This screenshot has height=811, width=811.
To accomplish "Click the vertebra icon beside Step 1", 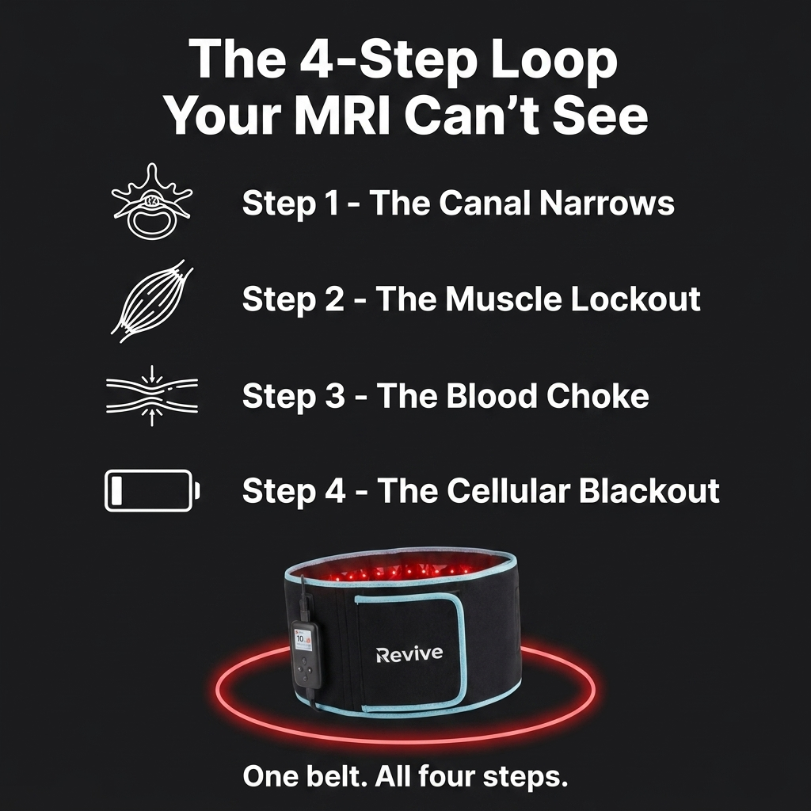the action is point(151,201).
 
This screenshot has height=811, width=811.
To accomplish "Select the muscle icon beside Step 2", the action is point(151,301).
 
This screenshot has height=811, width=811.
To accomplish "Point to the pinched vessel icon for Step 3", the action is point(151,396).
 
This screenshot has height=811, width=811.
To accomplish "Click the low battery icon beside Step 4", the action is point(152,491).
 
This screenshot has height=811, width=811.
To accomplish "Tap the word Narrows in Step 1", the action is point(607,203).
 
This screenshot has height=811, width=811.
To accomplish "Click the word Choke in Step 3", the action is point(597,396).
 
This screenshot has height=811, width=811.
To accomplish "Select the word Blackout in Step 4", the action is point(649,490).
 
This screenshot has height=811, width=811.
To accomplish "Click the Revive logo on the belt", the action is point(409,653).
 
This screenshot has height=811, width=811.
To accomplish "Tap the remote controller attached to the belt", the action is point(306,655).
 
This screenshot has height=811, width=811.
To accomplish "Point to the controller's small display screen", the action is point(302,639).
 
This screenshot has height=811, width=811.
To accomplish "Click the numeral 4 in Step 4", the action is point(336,491).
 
